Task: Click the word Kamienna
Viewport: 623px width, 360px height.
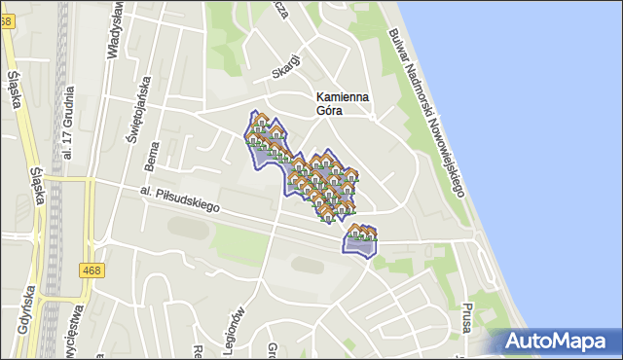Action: pyautogui.click(x=342, y=96)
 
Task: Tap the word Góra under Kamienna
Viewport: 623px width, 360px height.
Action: pyautogui.click(x=330, y=110)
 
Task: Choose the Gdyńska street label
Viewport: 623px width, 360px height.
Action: pyautogui.click(x=21, y=321)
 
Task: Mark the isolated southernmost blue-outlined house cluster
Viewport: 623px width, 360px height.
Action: pyautogui.click(x=360, y=241)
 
